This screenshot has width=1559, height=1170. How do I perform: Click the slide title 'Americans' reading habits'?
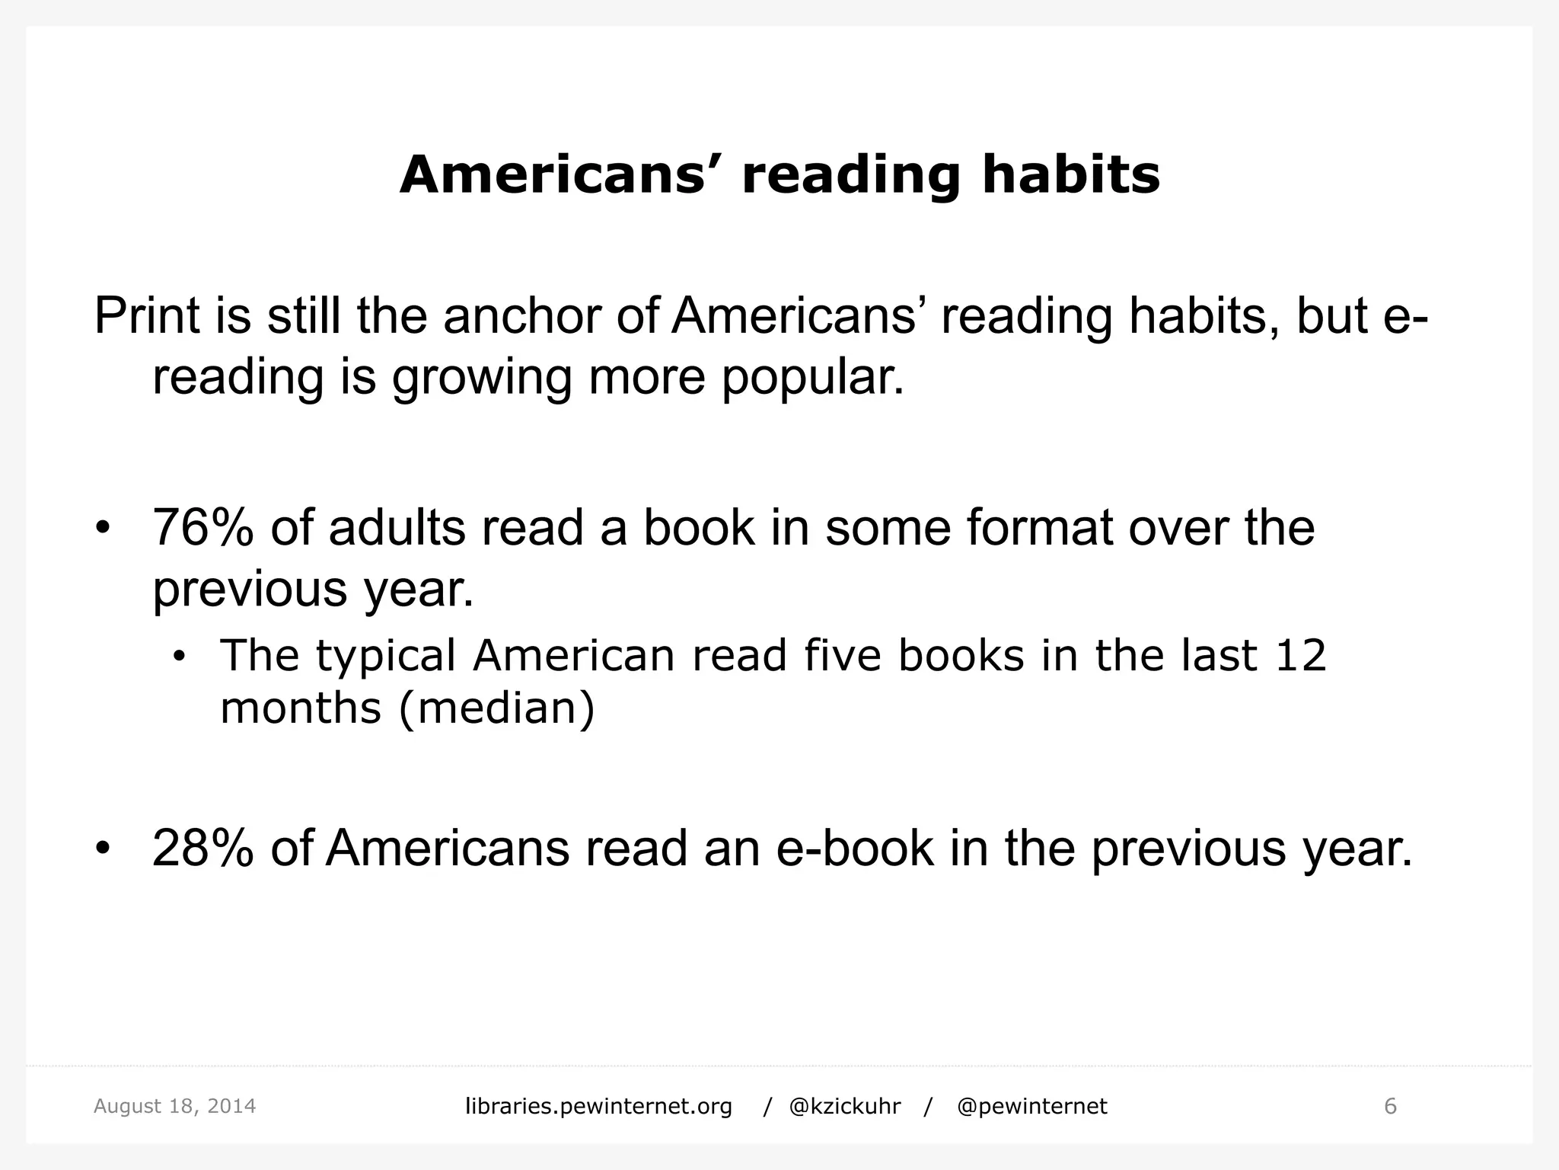[x=779, y=175]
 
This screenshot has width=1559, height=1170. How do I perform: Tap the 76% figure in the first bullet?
[x=202, y=527]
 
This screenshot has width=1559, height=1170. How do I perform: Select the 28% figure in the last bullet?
[x=202, y=848]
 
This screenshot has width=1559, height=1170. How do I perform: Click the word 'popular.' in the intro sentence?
[x=812, y=376]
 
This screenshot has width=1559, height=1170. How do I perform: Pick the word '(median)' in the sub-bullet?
[x=496, y=708]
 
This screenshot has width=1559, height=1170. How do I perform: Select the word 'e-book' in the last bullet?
[x=855, y=848]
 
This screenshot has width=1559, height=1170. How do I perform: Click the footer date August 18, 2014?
[x=174, y=1106]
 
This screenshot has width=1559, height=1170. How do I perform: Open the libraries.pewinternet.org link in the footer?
[x=598, y=1106]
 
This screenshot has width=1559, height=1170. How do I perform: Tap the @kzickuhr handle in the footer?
[x=845, y=1106]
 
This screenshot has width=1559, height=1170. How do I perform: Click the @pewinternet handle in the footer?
[x=1031, y=1106]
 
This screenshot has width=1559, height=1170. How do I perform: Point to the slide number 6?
[x=1390, y=1106]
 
